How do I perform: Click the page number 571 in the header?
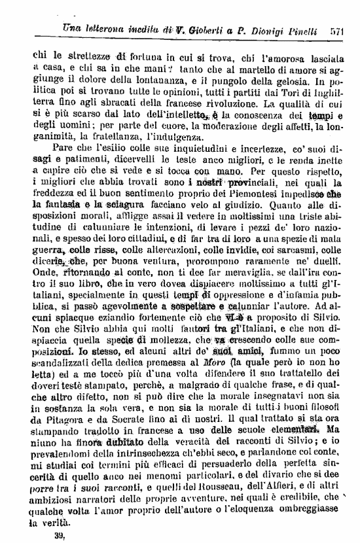click(x=338, y=30)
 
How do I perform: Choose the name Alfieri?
click(x=291, y=480)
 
